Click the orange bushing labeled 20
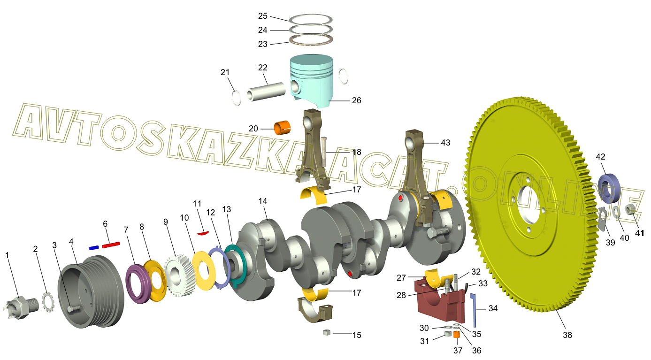(282, 128)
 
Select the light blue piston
(312, 81)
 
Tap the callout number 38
(567, 335)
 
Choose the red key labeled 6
(111, 245)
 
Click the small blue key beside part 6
(93, 248)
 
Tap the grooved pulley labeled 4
(91, 291)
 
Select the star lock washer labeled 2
(48, 302)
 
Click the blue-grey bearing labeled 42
(609, 189)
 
